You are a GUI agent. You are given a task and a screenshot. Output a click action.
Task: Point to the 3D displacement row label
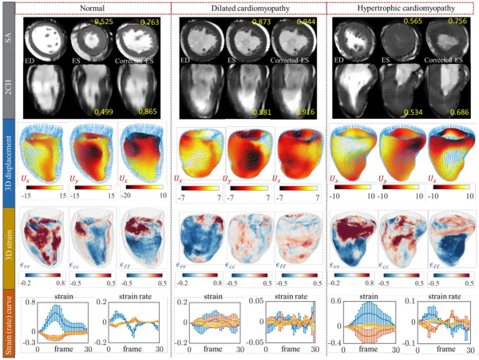8,160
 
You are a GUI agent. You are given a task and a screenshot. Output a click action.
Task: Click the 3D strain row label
8,243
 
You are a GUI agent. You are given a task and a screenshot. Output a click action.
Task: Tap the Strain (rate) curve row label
8,323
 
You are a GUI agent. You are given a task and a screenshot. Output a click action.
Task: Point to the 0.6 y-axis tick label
338,301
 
